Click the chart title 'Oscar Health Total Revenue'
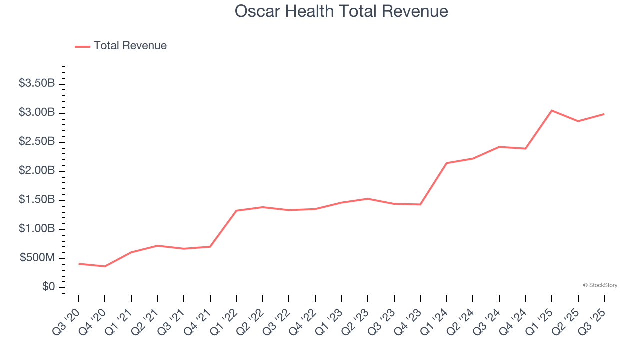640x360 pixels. click(341, 11)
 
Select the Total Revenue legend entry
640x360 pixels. click(121, 46)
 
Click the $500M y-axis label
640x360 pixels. click(37, 258)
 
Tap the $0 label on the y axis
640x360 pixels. click(48, 287)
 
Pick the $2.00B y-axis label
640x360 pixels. click(37, 171)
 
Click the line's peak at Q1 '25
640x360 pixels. click(552, 110)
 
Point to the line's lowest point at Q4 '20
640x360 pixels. click(105, 266)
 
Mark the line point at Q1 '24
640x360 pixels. click(446, 163)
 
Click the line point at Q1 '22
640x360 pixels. click(236, 210)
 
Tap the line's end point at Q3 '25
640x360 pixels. click(604, 114)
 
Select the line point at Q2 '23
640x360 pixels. click(368, 199)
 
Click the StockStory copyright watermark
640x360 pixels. click(600, 285)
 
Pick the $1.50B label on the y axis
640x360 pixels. click(37, 200)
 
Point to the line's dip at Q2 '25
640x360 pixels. click(578, 121)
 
